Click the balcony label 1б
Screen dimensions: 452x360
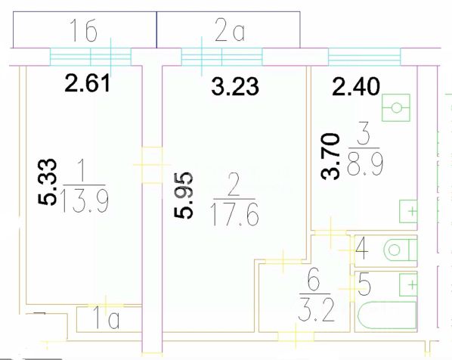click(83, 30)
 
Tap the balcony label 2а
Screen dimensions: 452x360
click(230, 30)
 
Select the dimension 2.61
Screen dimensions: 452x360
click(88, 83)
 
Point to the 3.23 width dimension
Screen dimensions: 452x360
click(235, 86)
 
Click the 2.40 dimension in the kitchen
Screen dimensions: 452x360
click(356, 86)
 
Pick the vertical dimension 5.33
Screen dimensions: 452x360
click(47, 182)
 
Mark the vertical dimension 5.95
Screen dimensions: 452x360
click(183, 195)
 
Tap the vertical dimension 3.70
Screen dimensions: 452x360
click(330, 157)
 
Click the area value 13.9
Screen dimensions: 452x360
click(85, 203)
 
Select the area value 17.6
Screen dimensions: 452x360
click(234, 214)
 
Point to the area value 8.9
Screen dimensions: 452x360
click(365, 165)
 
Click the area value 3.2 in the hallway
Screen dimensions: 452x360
click(316, 310)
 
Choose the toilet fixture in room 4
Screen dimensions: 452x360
click(401, 250)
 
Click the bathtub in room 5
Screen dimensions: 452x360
click(387, 315)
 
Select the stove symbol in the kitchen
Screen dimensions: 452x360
click(396, 108)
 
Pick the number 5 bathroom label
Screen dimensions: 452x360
click(364, 284)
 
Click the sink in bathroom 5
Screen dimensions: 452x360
click(408, 284)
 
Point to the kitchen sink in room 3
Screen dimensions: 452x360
click(408, 211)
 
